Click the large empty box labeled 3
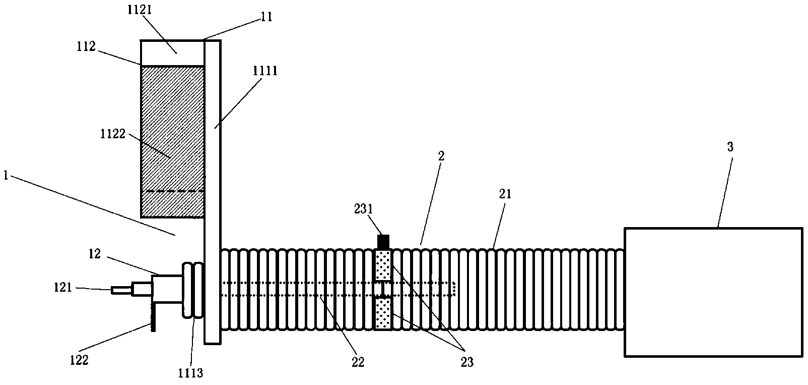tap(713, 293)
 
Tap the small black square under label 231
tap(383, 242)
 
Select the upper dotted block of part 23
tap(383, 265)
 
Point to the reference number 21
tap(505, 194)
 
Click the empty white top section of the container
tap(172, 53)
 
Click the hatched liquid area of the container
tap(172, 141)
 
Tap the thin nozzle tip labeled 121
tap(121, 290)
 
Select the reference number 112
tap(86, 46)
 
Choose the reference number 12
tap(96, 254)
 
